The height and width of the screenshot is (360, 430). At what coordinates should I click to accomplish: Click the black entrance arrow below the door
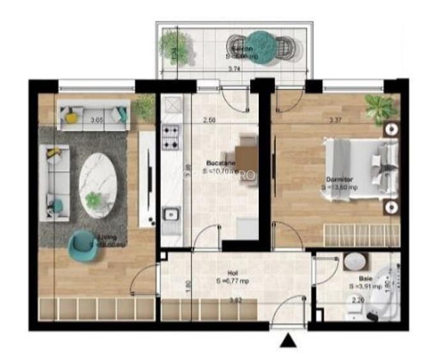(288, 341)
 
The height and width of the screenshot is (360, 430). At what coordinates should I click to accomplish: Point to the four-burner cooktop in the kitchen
(171, 136)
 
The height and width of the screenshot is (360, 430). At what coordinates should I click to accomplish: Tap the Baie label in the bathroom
(364, 279)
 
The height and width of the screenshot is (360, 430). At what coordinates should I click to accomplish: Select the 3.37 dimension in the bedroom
(335, 119)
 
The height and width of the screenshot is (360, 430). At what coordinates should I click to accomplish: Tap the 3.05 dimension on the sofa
(96, 120)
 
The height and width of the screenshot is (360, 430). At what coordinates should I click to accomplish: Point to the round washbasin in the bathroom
(353, 262)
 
